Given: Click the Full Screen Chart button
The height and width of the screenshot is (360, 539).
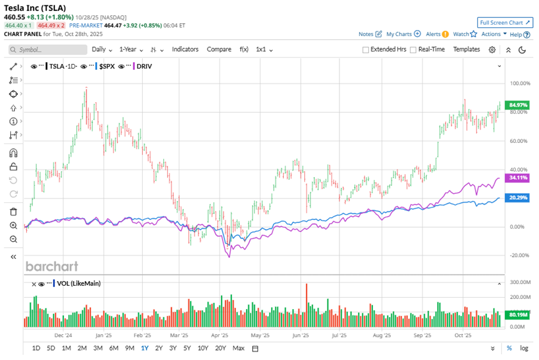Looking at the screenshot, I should (x=505, y=23).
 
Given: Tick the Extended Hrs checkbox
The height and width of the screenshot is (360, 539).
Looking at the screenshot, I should (x=366, y=50).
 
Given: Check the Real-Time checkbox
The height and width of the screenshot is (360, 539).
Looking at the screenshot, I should (x=413, y=50).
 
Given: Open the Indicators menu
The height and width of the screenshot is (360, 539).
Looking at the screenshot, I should (x=185, y=49).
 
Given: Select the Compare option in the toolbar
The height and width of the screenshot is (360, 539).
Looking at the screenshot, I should (x=219, y=49).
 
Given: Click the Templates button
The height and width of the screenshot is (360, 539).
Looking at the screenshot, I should (x=466, y=49).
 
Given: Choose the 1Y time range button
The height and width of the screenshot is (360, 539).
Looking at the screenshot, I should (x=145, y=348).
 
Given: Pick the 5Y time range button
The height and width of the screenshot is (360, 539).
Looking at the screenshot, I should (x=187, y=348).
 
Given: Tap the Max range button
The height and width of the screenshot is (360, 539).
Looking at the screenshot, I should (x=238, y=348).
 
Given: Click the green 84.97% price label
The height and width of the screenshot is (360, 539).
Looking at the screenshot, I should (x=517, y=105).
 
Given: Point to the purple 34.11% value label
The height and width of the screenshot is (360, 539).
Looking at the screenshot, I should (x=517, y=178).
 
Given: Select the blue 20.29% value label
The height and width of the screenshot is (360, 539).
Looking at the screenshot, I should (x=517, y=197).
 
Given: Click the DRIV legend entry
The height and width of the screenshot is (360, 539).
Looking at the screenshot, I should (x=144, y=66).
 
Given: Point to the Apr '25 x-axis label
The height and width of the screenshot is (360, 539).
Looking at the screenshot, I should (x=220, y=336).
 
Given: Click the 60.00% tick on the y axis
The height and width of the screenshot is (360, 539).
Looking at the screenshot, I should (x=517, y=141).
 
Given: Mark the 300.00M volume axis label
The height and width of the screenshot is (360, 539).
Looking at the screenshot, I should (x=517, y=282).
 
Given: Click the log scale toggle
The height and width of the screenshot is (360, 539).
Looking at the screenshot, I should (x=524, y=348).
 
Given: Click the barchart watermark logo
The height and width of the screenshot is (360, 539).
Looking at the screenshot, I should (x=51, y=266).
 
